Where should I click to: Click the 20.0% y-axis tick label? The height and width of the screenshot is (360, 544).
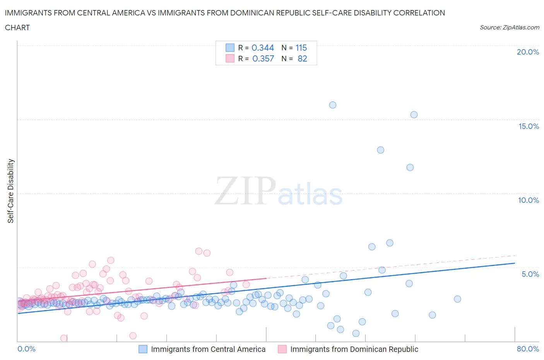[x=528, y=52]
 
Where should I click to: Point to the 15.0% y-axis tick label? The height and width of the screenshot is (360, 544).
[x=529, y=126]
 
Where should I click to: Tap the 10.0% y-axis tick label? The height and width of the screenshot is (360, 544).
[x=529, y=200]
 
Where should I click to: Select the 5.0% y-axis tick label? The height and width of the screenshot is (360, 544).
[x=530, y=274]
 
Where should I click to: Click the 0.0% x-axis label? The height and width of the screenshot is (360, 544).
[x=26, y=349]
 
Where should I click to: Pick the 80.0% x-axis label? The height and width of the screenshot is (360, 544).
[x=528, y=349]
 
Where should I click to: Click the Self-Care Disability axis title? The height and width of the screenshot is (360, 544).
[x=11, y=191]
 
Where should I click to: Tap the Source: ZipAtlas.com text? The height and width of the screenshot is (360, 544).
[x=509, y=27]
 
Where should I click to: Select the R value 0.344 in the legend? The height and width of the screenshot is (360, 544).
[x=263, y=48]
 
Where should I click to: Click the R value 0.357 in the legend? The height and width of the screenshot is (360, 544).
[x=263, y=58]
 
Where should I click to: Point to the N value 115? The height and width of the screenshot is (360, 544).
[x=301, y=48]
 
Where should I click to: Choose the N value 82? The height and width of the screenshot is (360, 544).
[x=302, y=58]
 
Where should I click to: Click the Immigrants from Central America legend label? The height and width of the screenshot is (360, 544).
[x=208, y=349]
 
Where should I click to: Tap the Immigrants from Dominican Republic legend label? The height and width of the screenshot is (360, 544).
[x=354, y=349]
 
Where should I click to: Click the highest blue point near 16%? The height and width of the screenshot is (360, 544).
[x=333, y=105]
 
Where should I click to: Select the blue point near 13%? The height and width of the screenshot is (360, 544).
[x=381, y=150]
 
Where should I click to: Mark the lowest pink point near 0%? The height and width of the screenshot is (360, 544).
[x=64, y=338]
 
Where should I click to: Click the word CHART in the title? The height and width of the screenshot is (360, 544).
[x=17, y=27]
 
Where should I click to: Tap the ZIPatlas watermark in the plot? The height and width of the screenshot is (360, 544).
[x=279, y=191]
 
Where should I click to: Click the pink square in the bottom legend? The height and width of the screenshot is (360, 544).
[x=282, y=349]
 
